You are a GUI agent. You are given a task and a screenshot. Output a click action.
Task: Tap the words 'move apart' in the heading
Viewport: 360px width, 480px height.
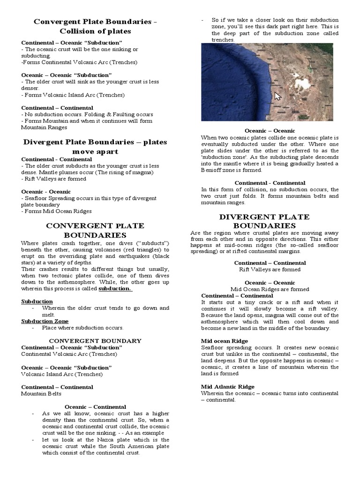click(x=95, y=151)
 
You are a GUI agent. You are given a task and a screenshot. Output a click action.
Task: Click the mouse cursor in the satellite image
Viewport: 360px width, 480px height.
click(x=277, y=96)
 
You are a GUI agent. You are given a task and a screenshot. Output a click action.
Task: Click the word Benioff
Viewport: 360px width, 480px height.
click(x=214, y=170)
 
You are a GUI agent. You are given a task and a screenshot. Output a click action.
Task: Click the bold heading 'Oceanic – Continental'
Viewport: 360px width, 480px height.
click(x=95, y=407)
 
